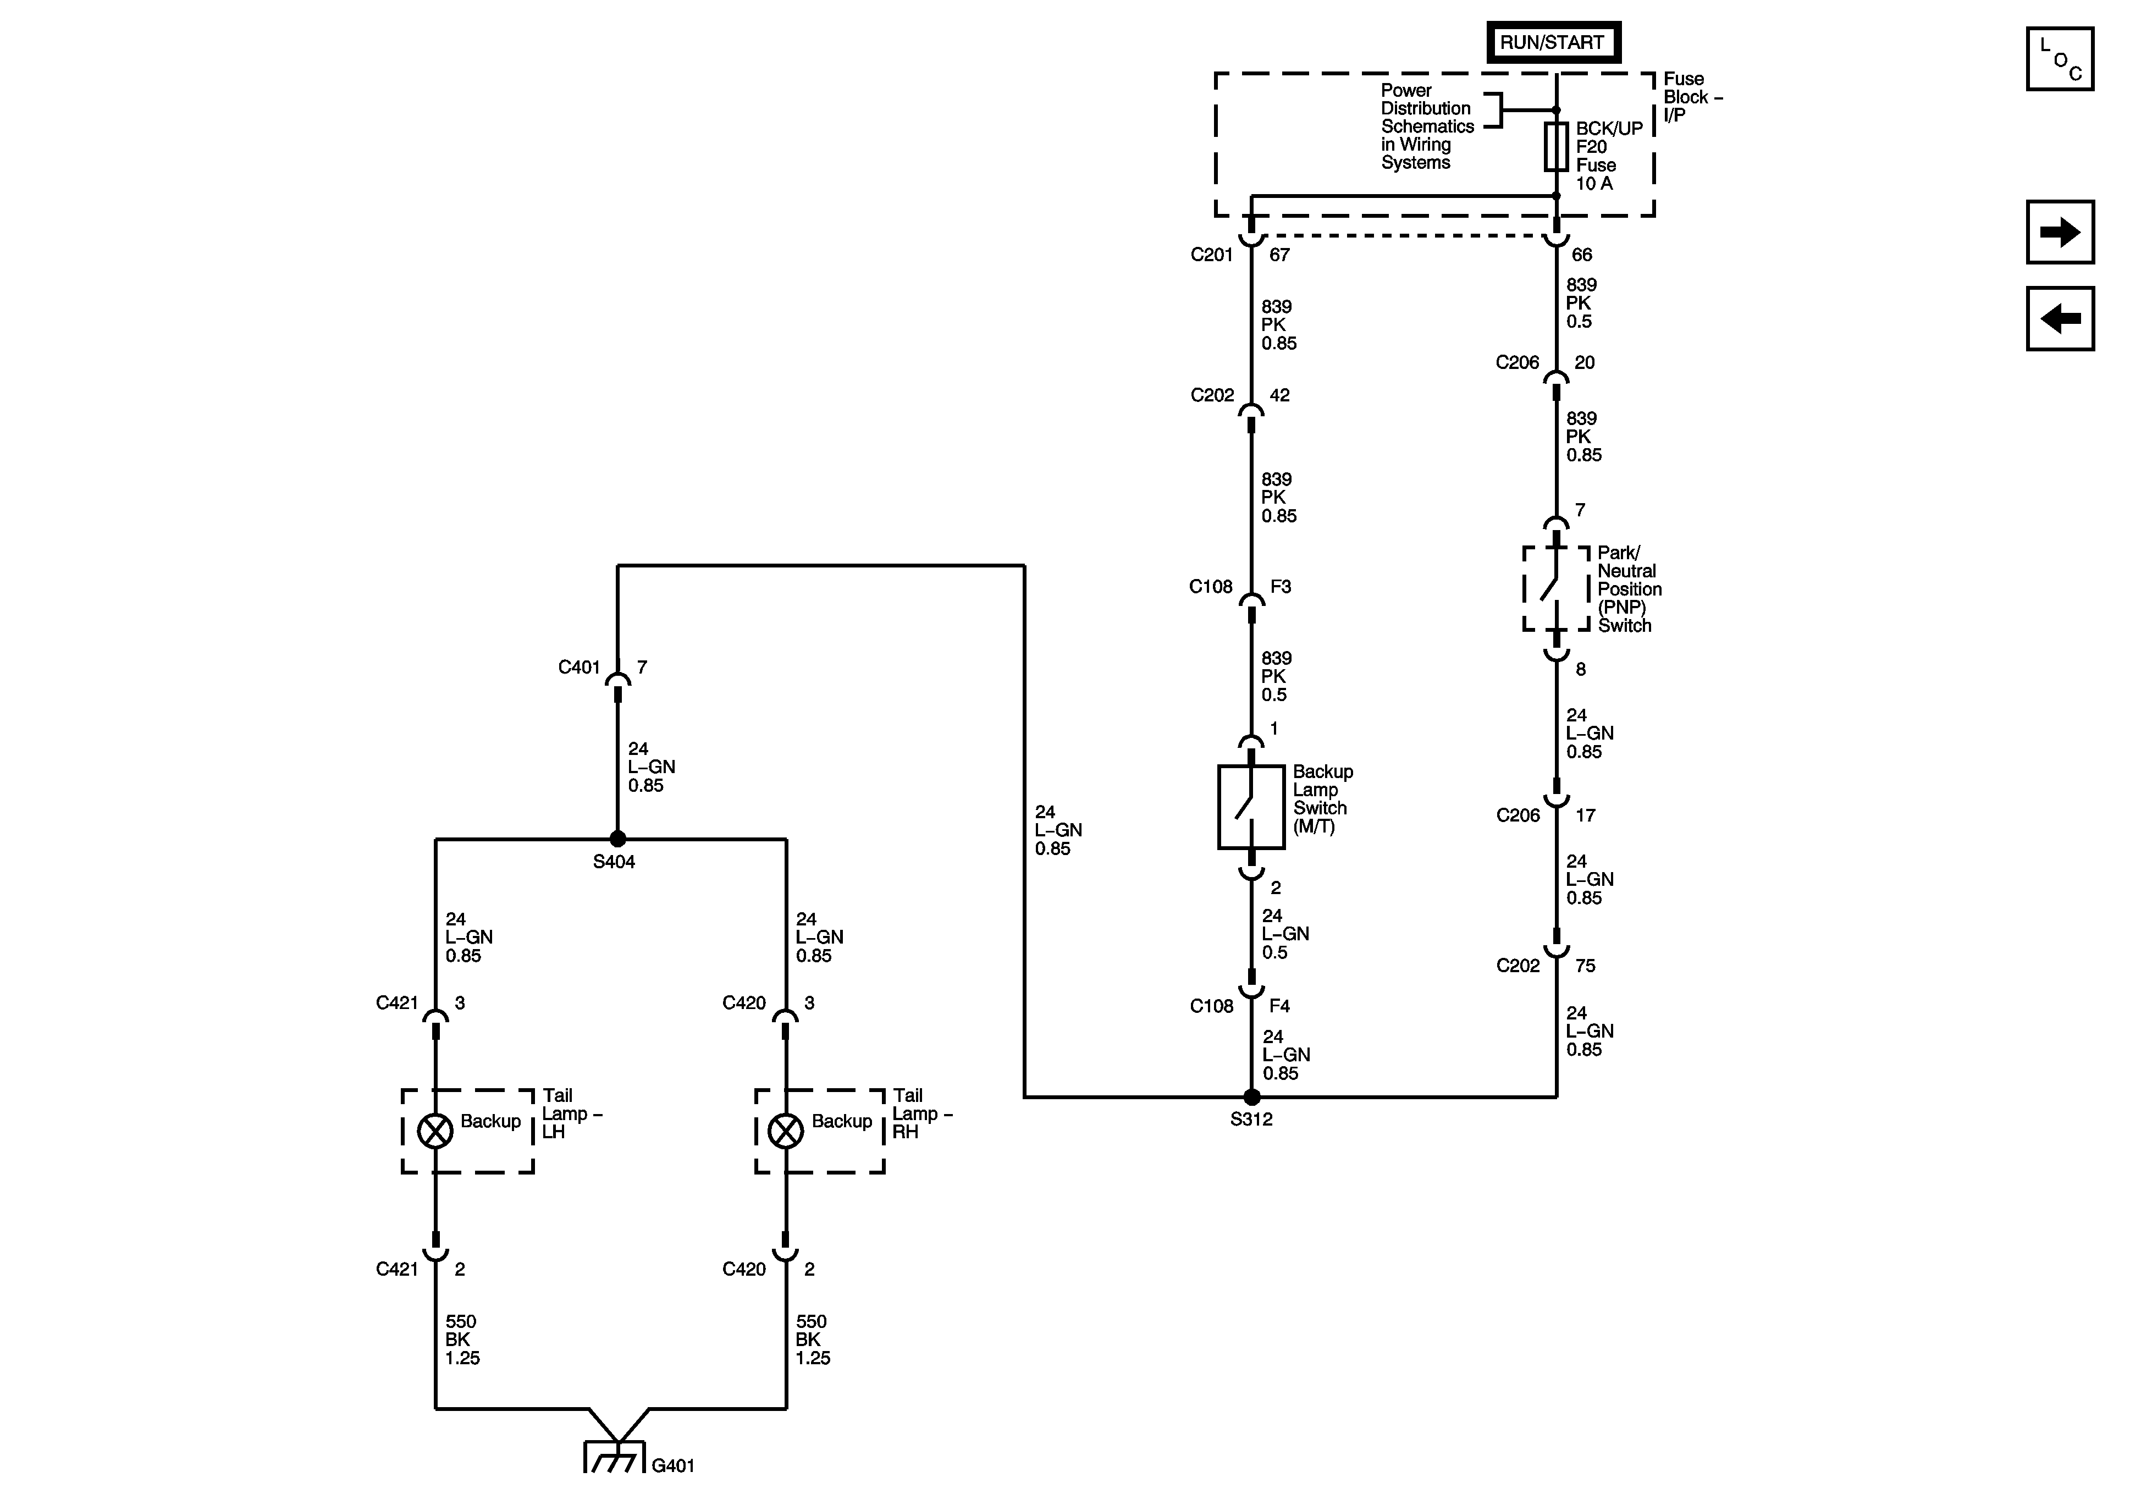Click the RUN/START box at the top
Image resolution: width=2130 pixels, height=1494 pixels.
click(x=1553, y=43)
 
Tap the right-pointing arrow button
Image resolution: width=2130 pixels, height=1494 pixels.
click(x=2060, y=232)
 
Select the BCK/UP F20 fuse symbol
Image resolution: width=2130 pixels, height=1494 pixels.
click(x=1556, y=147)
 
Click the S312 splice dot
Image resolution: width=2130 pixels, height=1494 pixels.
click(x=1251, y=1097)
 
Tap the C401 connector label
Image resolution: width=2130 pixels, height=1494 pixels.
click(x=579, y=667)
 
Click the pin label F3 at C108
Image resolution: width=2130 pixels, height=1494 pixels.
click(x=1280, y=587)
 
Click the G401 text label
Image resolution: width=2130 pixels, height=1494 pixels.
click(x=672, y=1465)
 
